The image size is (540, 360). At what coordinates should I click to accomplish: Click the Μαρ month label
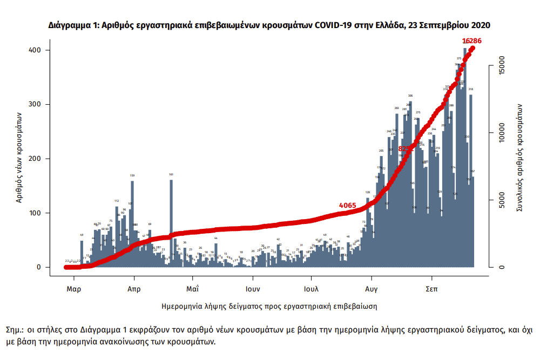click(x=74, y=289)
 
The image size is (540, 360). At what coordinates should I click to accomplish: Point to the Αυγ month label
click(x=370, y=289)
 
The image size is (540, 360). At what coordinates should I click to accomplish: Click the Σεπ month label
click(x=431, y=289)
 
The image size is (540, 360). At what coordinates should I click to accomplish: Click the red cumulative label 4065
click(x=347, y=206)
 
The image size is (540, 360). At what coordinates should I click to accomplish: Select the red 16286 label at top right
click(x=471, y=41)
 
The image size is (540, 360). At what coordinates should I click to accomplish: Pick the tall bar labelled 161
click(x=171, y=221)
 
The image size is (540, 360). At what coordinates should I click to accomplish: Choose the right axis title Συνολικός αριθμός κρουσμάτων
click(x=520, y=157)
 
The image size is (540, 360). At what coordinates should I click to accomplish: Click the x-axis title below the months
click(x=269, y=306)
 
